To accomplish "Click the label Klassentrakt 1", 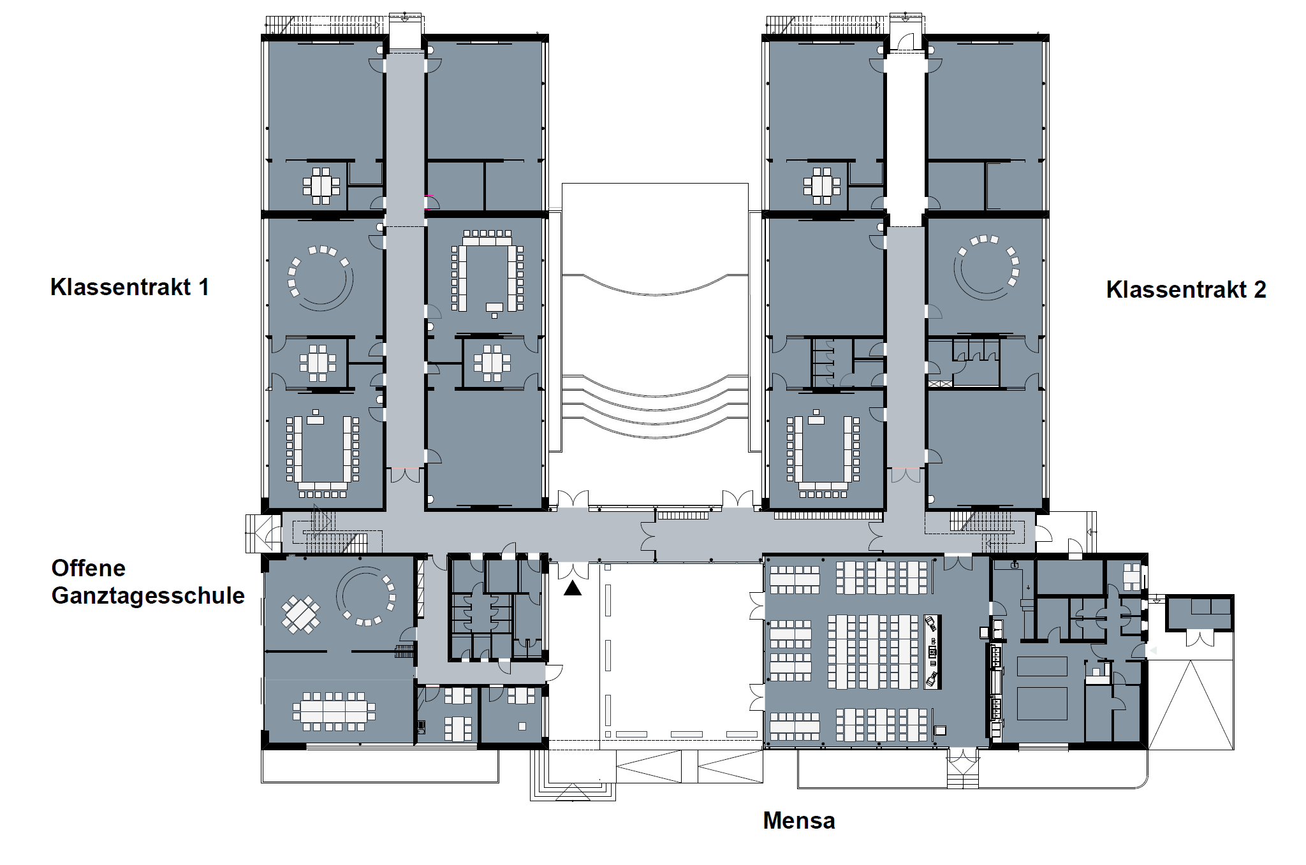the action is (129, 287).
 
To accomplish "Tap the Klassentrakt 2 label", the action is (1186, 289).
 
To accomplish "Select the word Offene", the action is (89, 568).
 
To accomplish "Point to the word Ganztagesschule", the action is (148, 596).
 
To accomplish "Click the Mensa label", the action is (799, 820).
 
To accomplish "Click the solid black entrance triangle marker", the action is (573, 588).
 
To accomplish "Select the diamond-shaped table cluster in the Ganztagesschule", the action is (301, 614).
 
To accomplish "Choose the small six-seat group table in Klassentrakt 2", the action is (822, 185).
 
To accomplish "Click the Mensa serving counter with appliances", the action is (932, 651).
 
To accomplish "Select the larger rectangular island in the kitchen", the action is (1042, 703).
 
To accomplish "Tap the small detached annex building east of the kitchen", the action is (1200, 613).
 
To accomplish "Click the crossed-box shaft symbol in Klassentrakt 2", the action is (940, 384).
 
